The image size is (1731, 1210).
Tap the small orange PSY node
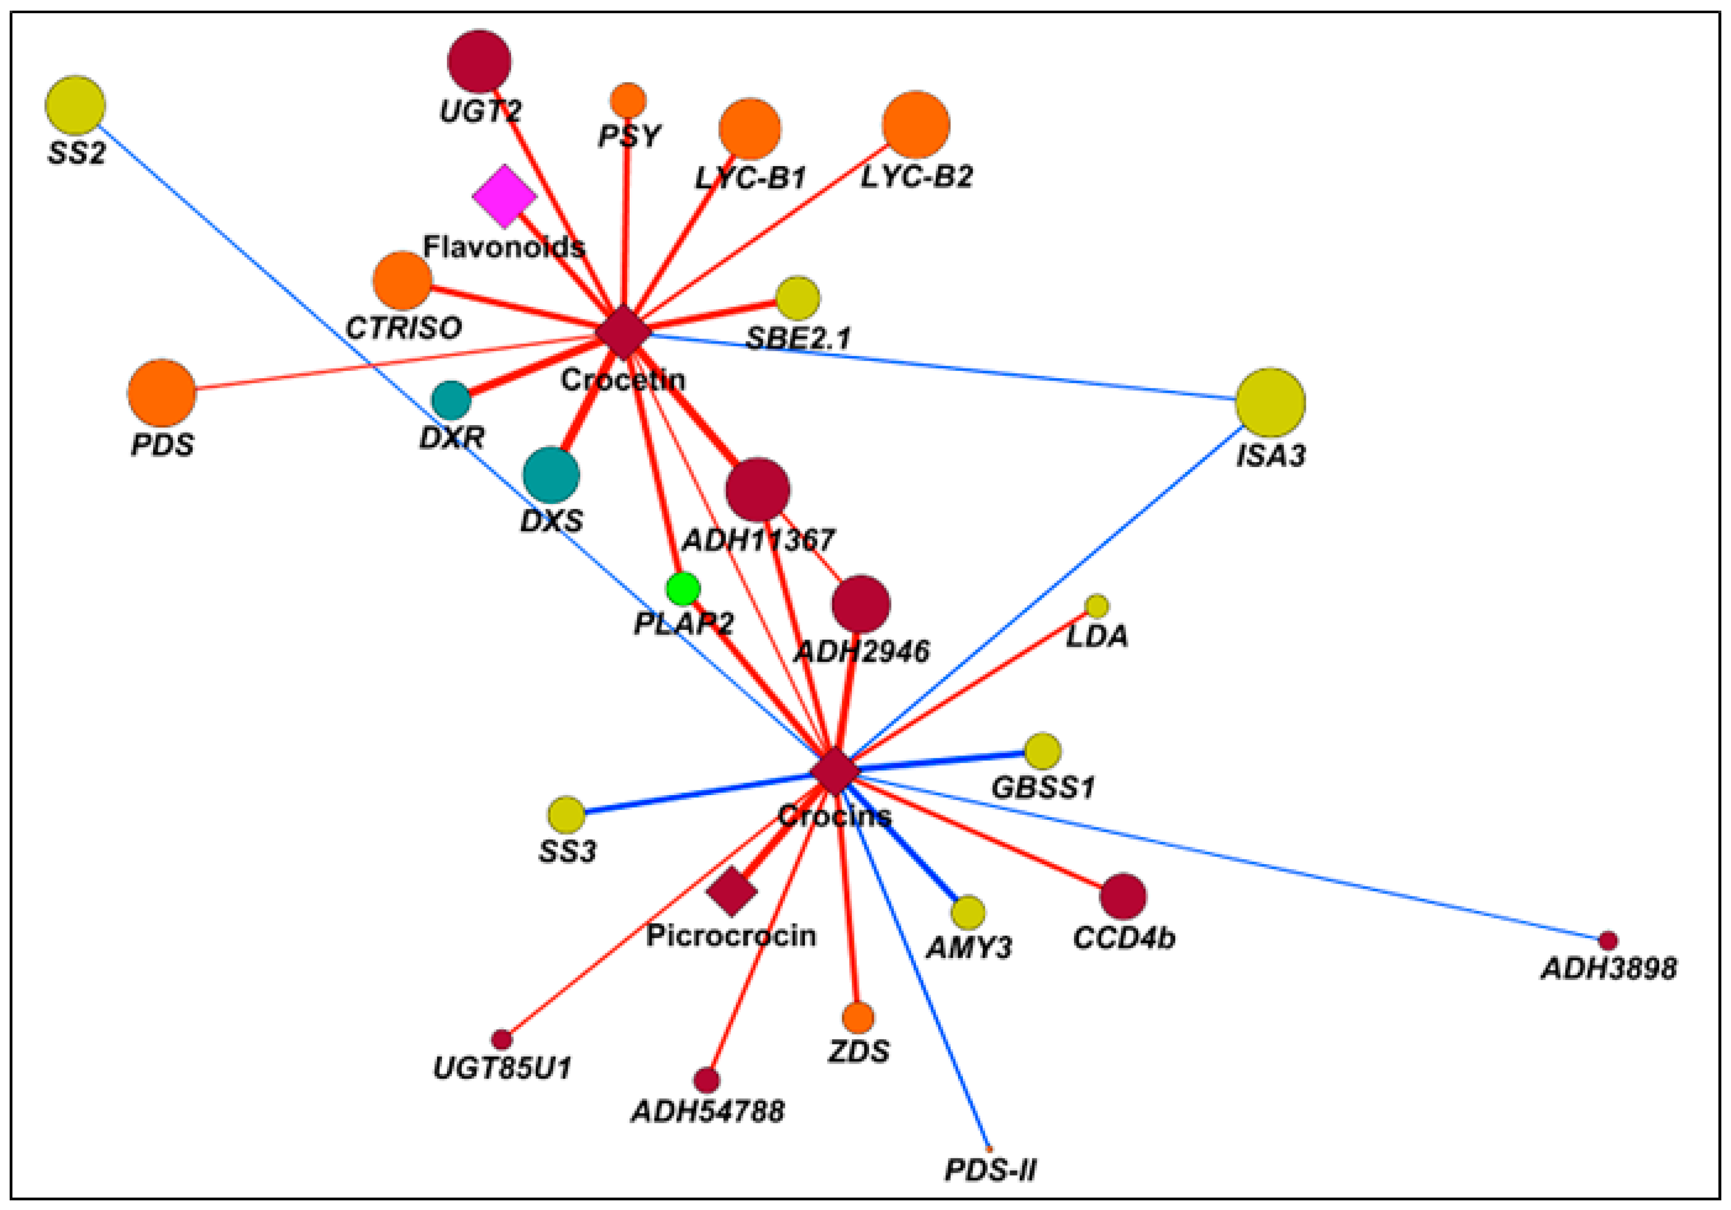pyautogui.click(x=628, y=100)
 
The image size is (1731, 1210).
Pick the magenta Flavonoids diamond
pyautogui.click(x=504, y=197)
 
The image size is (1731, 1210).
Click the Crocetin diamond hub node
pyautogui.click(x=623, y=332)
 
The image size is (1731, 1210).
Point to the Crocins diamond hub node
pyautogui.click(x=835, y=770)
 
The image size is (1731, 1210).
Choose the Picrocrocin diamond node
pyautogui.click(x=731, y=891)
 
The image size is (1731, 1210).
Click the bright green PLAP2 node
pyautogui.click(x=683, y=589)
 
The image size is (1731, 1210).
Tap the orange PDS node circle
pyautogui.click(x=161, y=393)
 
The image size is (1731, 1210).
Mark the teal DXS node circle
pyautogui.click(x=551, y=475)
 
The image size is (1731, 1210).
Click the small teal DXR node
pyautogui.click(x=451, y=399)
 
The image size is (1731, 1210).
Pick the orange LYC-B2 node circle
pyautogui.click(x=916, y=125)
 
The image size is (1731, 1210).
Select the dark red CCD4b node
pyautogui.click(x=1123, y=897)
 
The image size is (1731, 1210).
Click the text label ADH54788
pyautogui.click(x=707, y=1111)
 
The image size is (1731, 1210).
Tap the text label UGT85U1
pyautogui.click(x=502, y=1068)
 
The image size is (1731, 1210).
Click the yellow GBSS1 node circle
pyautogui.click(x=1043, y=751)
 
